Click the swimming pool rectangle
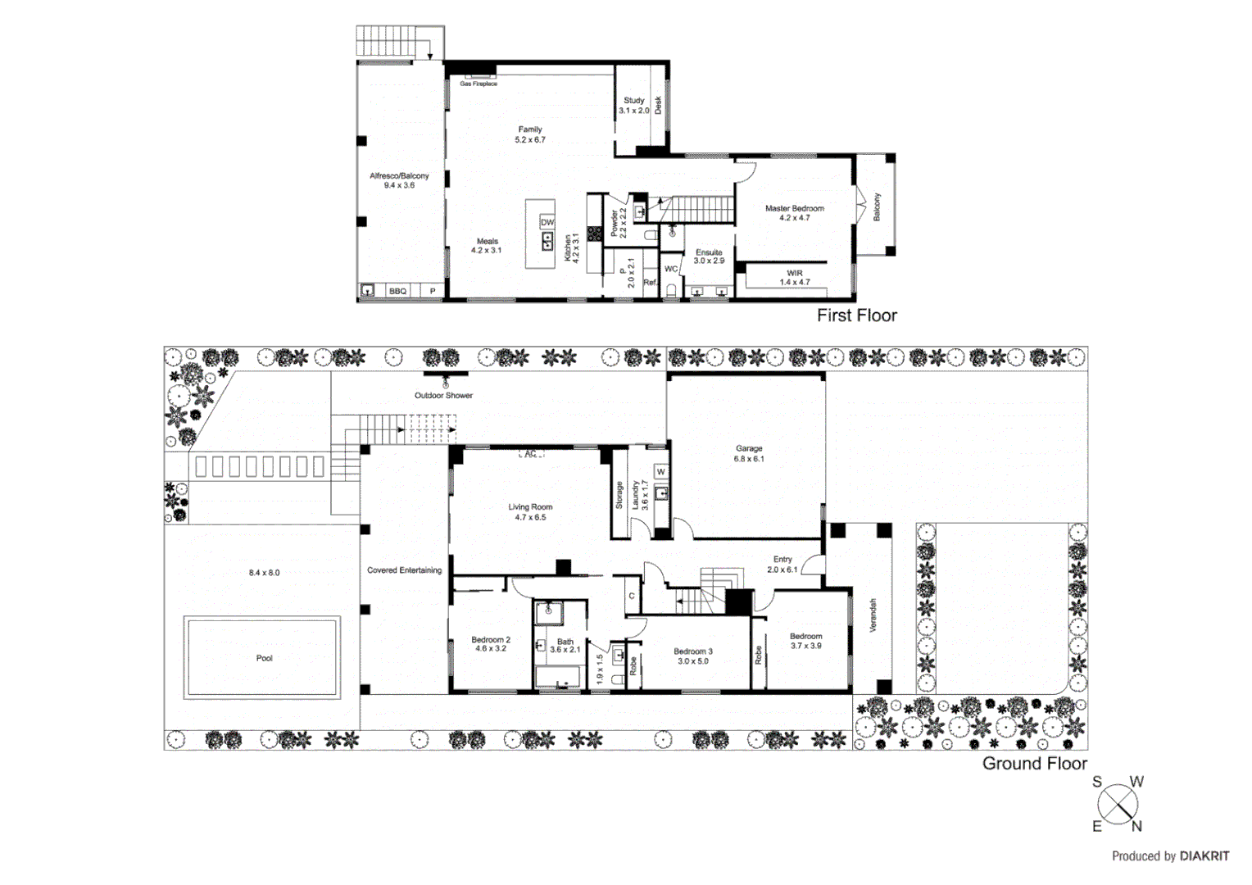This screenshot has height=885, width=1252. pyautogui.click(x=262, y=657)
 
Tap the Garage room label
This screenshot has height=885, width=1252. pyautogui.click(x=749, y=453)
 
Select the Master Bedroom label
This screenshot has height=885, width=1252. pyautogui.click(x=794, y=213)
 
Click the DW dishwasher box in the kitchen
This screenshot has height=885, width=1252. pyautogui.click(x=547, y=223)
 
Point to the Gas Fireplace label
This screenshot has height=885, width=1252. pyautogui.click(x=479, y=84)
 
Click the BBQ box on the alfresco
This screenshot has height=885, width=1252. pyautogui.click(x=397, y=291)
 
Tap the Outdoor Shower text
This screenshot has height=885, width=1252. pyautogui.click(x=443, y=395)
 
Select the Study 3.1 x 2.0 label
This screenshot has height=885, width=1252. pyautogui.click(x=633, y=105)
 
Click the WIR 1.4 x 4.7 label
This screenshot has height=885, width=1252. pyautogui.click(x=794, y=278)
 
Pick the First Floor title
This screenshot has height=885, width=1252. pyautogui.click(x=856, y=315)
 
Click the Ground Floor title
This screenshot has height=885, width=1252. pyautogui.click(x=1034, y=764)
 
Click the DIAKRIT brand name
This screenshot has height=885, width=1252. pyautogui.click(x=1204, y=856)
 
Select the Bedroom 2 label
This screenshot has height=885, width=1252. pyautogui.click(x=491, y=644)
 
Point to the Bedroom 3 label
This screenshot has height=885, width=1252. pyautogui.click(x=693, y=656)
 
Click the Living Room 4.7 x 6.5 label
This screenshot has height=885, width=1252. pyautogui.click(x=530, y=512)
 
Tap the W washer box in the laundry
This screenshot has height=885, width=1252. pyautogui.click(x=660, y=472)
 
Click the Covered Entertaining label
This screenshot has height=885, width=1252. pyautogui.click(x=404, y=570)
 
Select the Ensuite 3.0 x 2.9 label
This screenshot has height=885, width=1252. pyautogui.click(x=709, y=256)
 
